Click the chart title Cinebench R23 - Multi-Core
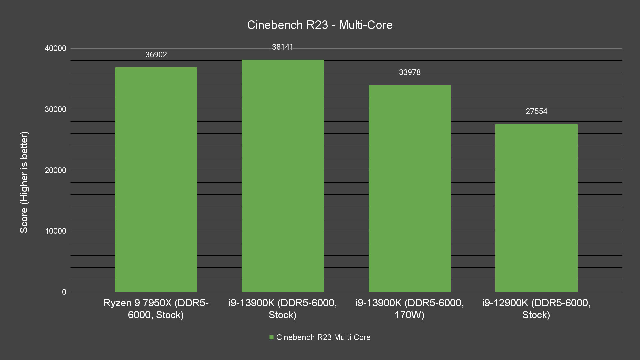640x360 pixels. [320, 25]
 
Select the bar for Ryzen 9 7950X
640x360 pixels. [156, 180]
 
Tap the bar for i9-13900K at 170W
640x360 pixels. [410, 189]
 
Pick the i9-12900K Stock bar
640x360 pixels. [536, 208]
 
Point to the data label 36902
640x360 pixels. [156, 55]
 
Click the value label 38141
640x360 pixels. [283, 47]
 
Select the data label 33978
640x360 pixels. [410, 72]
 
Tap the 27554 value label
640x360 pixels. [536, 111]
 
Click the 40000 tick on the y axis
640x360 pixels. [56, 49]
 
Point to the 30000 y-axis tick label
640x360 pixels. [56, 109]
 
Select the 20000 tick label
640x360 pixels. [56, 170]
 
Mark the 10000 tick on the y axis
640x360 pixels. [56, 231]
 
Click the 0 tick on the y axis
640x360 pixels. [64, 292]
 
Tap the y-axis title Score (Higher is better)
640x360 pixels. [24, 182]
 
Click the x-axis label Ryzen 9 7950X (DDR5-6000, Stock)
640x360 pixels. [156, 309]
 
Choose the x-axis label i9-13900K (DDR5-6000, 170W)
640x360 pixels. [410, 309]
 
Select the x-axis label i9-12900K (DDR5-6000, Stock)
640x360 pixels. [536, 309]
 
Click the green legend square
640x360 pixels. [271, 337]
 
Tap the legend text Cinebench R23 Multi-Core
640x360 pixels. [323, 337]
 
